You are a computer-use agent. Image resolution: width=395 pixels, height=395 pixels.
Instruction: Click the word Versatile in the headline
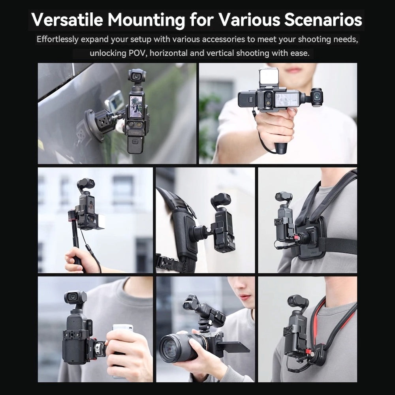(67, 19)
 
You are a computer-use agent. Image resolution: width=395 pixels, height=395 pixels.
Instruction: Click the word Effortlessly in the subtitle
(57, 39)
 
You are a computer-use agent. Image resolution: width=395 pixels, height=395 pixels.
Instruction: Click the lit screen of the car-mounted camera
(136, 107)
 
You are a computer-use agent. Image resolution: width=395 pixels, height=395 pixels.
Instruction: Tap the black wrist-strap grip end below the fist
(281, 149)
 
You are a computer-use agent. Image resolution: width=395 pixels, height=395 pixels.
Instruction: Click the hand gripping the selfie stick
(77, 260)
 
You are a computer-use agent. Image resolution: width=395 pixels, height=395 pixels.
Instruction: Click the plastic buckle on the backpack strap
(165, 262)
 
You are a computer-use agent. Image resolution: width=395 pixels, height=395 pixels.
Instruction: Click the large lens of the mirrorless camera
(176, 347)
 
